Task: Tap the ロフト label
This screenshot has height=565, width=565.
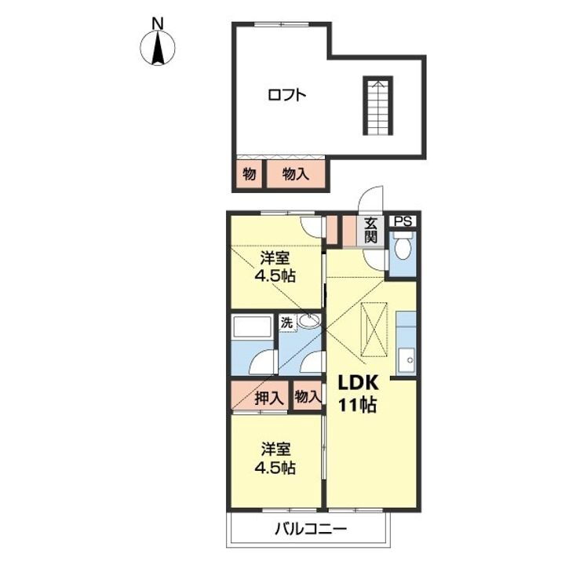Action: (x=287, y=95)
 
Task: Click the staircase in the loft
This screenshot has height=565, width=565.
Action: (x=377, y=106)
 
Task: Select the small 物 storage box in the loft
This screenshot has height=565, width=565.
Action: (x=250, y=174)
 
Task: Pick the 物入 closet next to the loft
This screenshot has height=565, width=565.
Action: (x=296, y=174)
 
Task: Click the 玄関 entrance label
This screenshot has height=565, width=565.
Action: (x=370, y=231)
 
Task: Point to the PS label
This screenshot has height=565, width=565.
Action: (x=403, y=221)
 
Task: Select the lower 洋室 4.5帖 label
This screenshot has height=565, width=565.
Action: (x=275, y=459)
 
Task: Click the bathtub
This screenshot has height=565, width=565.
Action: (x=252, y=327)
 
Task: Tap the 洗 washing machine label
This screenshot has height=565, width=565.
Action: (x=287, y=323)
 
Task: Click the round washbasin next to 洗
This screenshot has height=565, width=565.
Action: (x=309, y=320)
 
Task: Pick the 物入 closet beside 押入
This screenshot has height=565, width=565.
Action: (x=308, y=396)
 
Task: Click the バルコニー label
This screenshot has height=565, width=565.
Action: (x=311, y=529)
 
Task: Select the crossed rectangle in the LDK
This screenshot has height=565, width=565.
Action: (x=374, y=329)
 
